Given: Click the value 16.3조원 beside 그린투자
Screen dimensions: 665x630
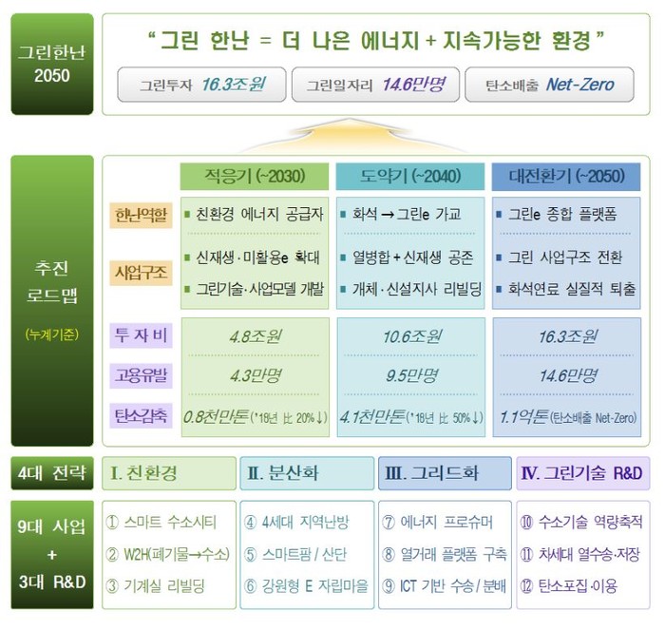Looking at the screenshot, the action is pyautogui.click(x=234, y=85).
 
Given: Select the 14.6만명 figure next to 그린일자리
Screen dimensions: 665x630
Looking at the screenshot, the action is pyautogui.click(x=413, y=85).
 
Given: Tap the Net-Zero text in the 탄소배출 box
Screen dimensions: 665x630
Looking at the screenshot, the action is pyautogui.click(x=579, y=85).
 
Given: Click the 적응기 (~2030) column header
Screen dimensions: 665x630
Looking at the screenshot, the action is pyautogui.click(x=255, y=177).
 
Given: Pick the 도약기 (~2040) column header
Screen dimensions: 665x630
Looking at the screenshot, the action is pyautogui.click(x=410, y=177).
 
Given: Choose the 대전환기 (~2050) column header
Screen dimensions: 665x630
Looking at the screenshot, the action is pyautogui.click(x=566, y=177).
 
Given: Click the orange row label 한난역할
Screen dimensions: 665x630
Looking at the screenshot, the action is pyautogui.click(x=141, y=215).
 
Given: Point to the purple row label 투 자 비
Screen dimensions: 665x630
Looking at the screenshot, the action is pyautogui.click(x=141, y=335).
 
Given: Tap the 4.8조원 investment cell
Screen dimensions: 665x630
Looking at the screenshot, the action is pyautogui.click(x=256, y=336).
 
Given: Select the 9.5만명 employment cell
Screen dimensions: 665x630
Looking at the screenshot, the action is pyautogui.click(x=411, y=375).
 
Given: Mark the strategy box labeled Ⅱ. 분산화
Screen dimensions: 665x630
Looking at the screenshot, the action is pyautogui.click(x=307, y=473).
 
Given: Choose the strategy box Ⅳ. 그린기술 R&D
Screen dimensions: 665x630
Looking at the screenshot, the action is pyautogui.click(x=582, y=473).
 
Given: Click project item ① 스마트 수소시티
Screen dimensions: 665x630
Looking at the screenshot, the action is pyautogui.click(x=161, y=523).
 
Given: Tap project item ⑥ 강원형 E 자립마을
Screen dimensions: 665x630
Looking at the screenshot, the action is pyautogui.click(x=306, y=586).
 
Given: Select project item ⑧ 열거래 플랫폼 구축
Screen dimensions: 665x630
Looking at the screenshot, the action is pyautogui.click(x=444, y=554).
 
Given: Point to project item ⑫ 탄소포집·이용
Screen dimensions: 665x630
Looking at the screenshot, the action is pyautogui.click(x=569, y=586).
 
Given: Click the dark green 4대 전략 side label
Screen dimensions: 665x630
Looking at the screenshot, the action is pyautogui.click(x=52, y=473).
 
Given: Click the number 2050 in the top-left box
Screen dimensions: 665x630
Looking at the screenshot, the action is pyautogui.click(x=51, y=75).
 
